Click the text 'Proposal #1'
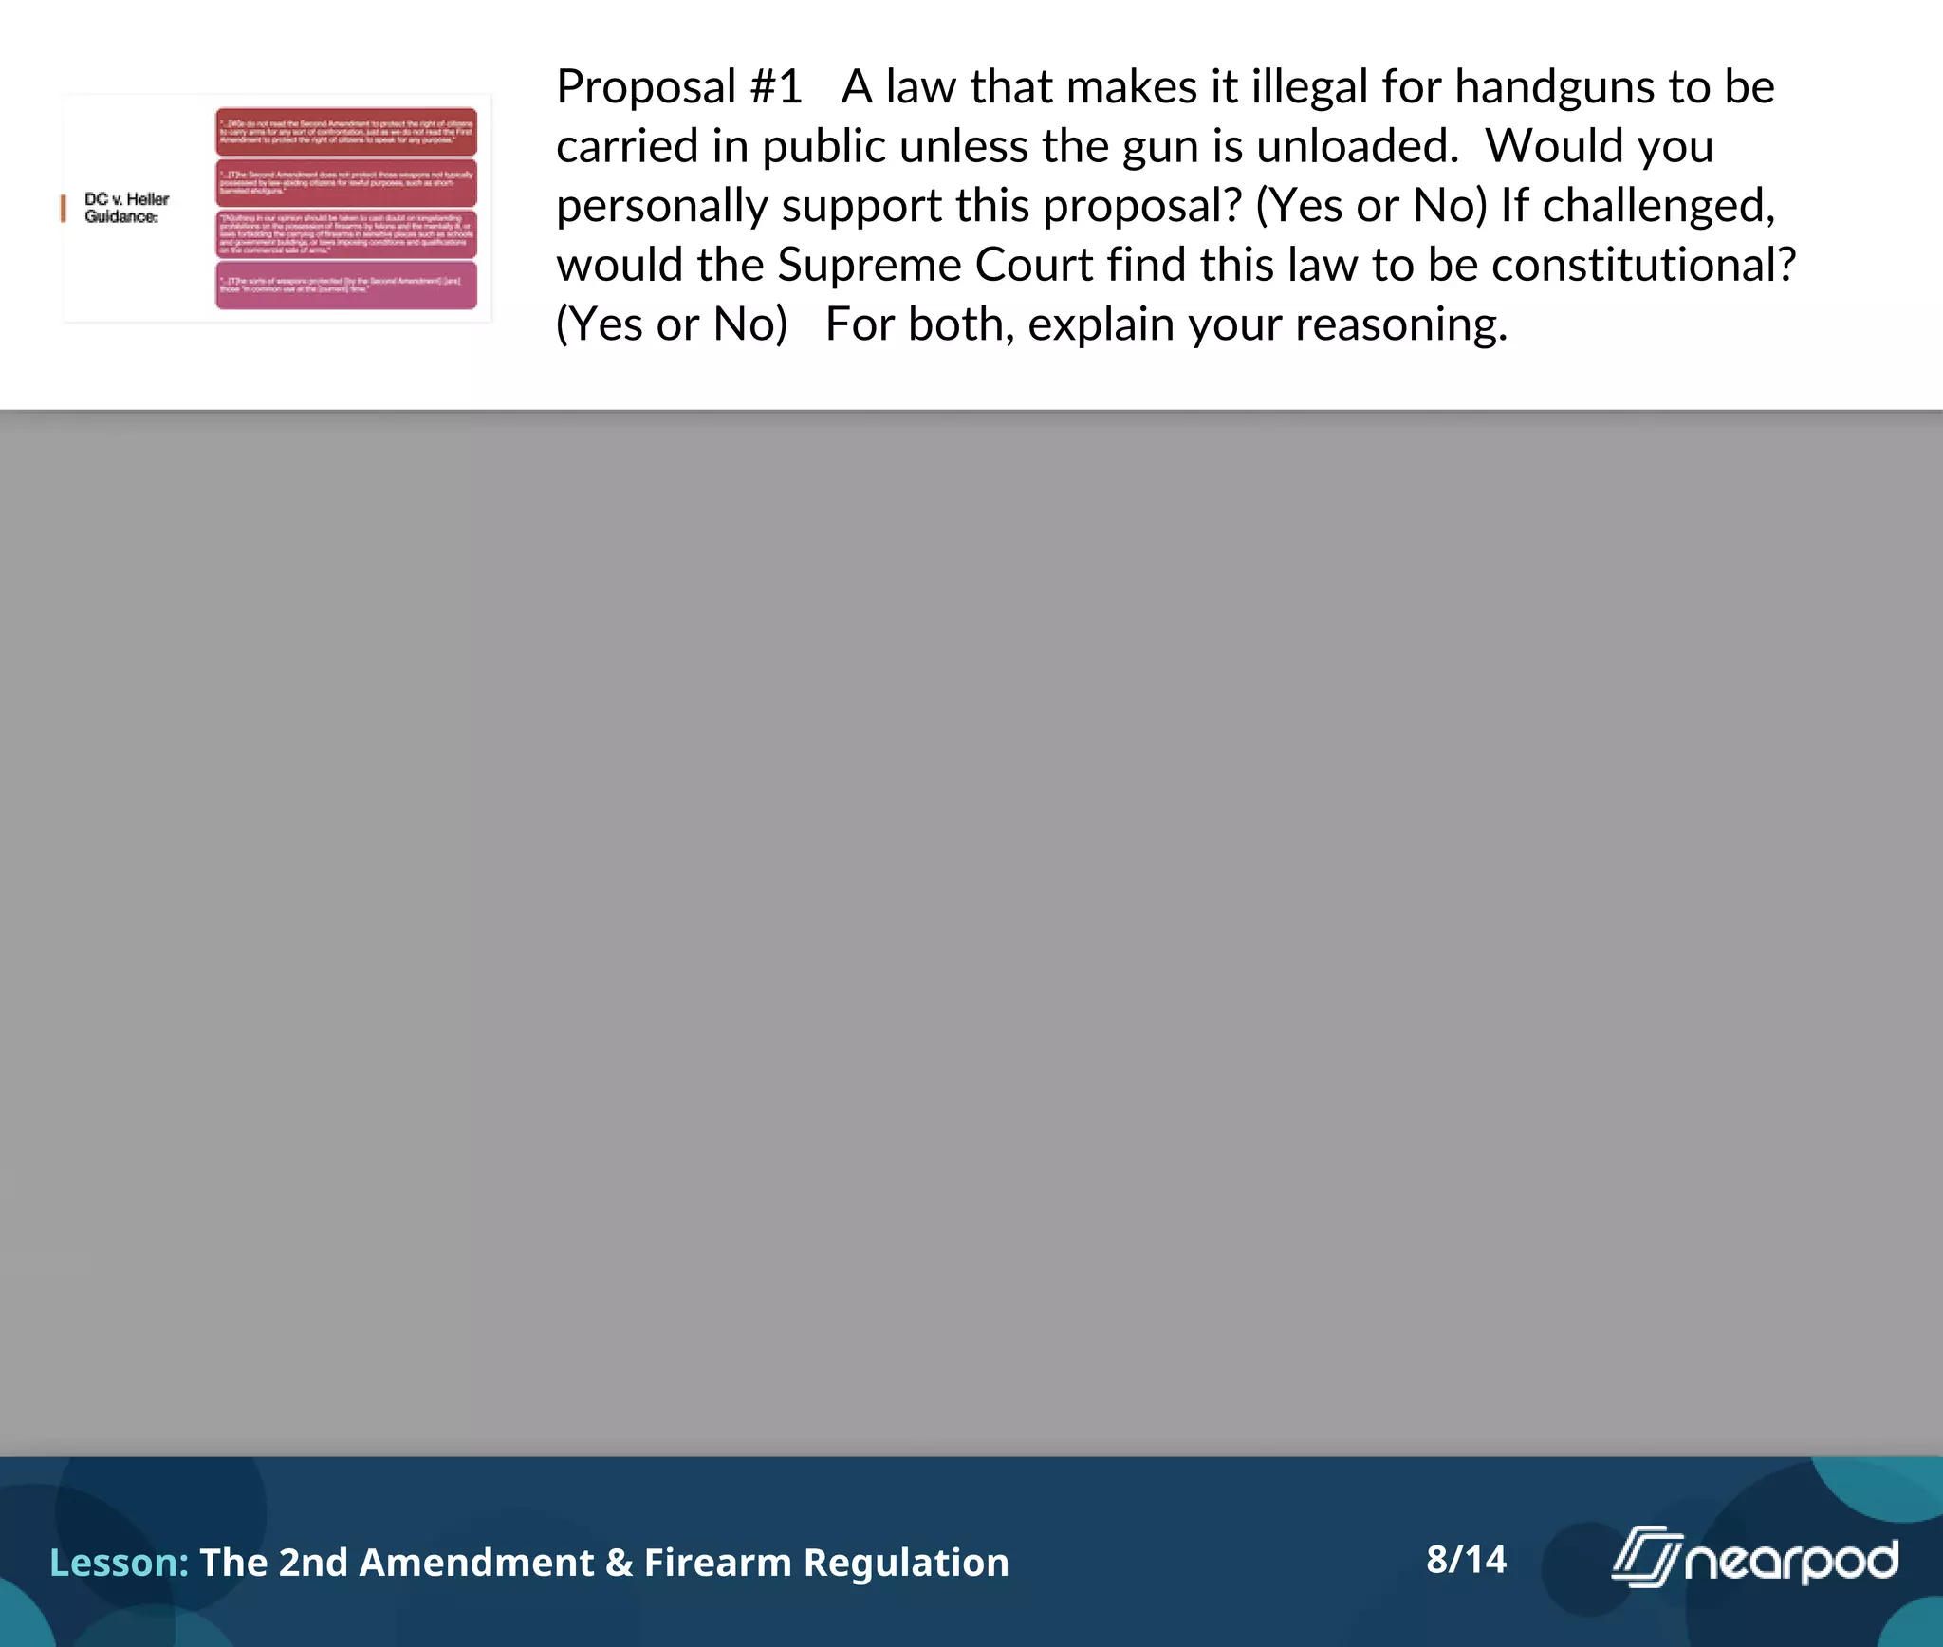pyautogui.click(x=679, y=87)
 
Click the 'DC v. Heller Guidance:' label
pyautogui.click(x=126, y=208)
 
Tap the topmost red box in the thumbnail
pyautogui.click(x=346, y=132)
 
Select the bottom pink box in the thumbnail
pyautogui.click(x=346, y=286)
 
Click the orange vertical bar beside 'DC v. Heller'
pyautogui.click(x=64, y=208)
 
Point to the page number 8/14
pyautogui.click(x=1466, y=1560)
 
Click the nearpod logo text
pyautogui.click(x=1791, y=1562)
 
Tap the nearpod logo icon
pyautogui.click(x=1646, y=1556)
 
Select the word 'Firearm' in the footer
pyautogui.click(x=717, y=1563)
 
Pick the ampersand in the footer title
pyautogui.click(x=619, y=1563)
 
